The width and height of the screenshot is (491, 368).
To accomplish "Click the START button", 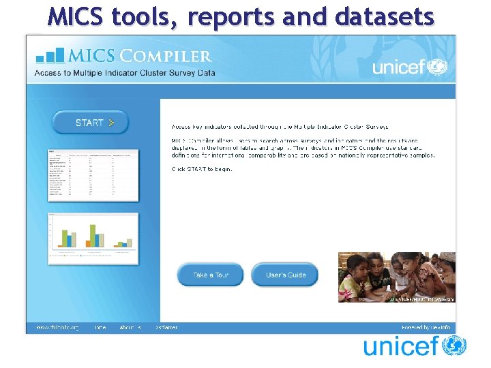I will (x=90, y=123).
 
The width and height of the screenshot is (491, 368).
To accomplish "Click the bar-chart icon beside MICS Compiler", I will (x=50, y=55).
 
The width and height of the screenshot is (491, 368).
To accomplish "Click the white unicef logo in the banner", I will (x=409, y=67).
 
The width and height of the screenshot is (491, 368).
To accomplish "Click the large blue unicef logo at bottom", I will (x=415, y=346).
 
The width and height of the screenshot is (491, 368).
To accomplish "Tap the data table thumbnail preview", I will (x=93, y=175).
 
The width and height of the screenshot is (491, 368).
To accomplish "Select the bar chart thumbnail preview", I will (x=93, y=238).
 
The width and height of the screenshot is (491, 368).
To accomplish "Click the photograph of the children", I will (x=396, y=277).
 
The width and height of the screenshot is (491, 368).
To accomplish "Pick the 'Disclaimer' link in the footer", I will (x=166, y=328).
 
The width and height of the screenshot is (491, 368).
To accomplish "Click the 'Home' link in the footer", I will (x=100, y=328).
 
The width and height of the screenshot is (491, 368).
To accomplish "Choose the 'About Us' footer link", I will (x=130, y=328).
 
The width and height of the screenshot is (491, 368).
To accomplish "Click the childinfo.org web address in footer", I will (x=57, y=328).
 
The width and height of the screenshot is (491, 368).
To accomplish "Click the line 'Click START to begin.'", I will (x=202, y=168).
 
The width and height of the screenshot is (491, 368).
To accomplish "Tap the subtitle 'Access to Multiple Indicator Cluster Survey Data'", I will (x=125, y=73).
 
